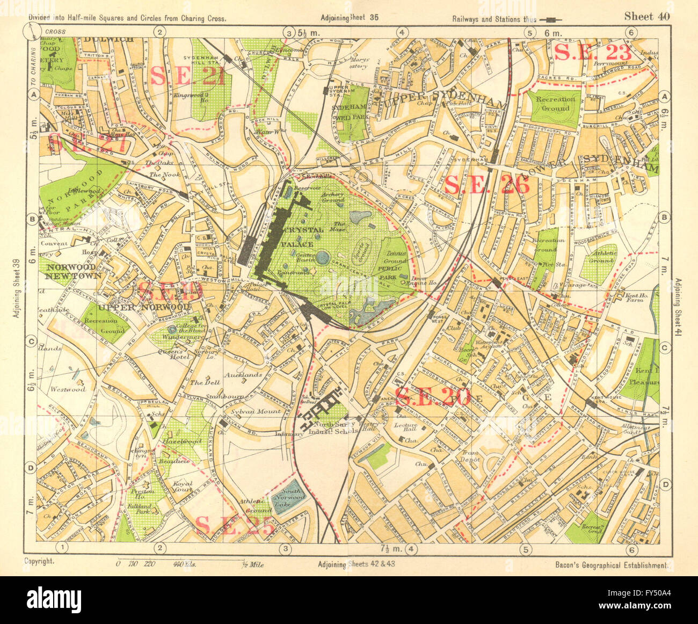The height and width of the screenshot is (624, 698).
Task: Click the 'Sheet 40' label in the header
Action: coord(646,16)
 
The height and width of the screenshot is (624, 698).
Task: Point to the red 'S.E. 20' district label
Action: coord(432,396)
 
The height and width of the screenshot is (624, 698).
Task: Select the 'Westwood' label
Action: coord(68,389)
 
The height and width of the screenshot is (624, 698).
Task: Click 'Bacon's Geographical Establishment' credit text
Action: coord(611,565)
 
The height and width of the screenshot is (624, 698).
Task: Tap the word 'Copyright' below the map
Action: coord(39,561)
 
